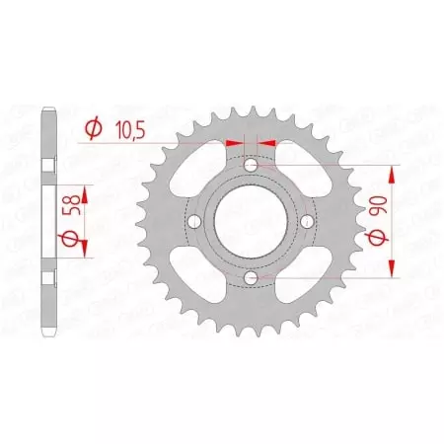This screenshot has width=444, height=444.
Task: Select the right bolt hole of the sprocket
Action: tap(309, 221)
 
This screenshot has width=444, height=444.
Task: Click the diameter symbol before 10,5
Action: tap(93, 129)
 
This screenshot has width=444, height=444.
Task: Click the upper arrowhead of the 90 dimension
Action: tap(394, 172)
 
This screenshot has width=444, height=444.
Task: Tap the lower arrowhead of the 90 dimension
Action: tap(394, 272)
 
